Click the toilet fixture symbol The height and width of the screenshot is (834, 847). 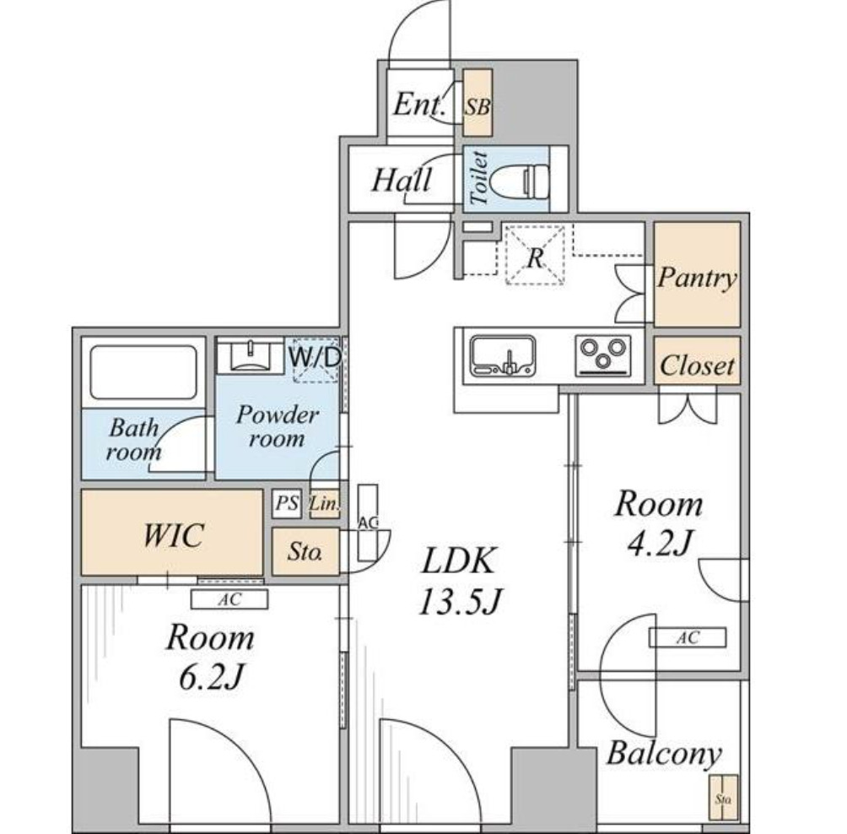(521, 178)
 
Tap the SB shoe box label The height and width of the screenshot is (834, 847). (478, 107)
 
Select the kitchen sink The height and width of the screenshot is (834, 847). (503, 355)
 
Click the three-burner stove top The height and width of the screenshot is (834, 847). (603, 355)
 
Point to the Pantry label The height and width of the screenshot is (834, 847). (697, 278)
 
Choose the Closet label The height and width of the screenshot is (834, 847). (697, 366)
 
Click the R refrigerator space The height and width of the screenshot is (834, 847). (535, 255)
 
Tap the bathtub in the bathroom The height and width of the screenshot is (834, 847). (143, 372)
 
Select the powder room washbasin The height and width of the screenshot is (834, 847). (250, 355)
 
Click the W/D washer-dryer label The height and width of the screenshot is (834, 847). (315, 357)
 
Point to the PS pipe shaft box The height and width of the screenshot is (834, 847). (287, 503)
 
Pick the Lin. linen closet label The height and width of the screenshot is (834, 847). (325, 504)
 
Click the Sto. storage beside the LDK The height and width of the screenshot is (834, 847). (305, 551)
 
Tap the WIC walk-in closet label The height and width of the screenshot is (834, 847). (173, 534)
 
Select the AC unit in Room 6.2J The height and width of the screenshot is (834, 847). (229, 599)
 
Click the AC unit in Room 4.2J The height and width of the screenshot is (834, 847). (688, 638)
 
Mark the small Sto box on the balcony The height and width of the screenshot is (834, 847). (724, 798)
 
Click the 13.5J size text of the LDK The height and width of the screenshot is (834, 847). (461, 601)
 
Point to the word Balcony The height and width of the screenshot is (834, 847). (665, 754)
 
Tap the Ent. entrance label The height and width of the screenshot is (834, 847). (419, 104)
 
